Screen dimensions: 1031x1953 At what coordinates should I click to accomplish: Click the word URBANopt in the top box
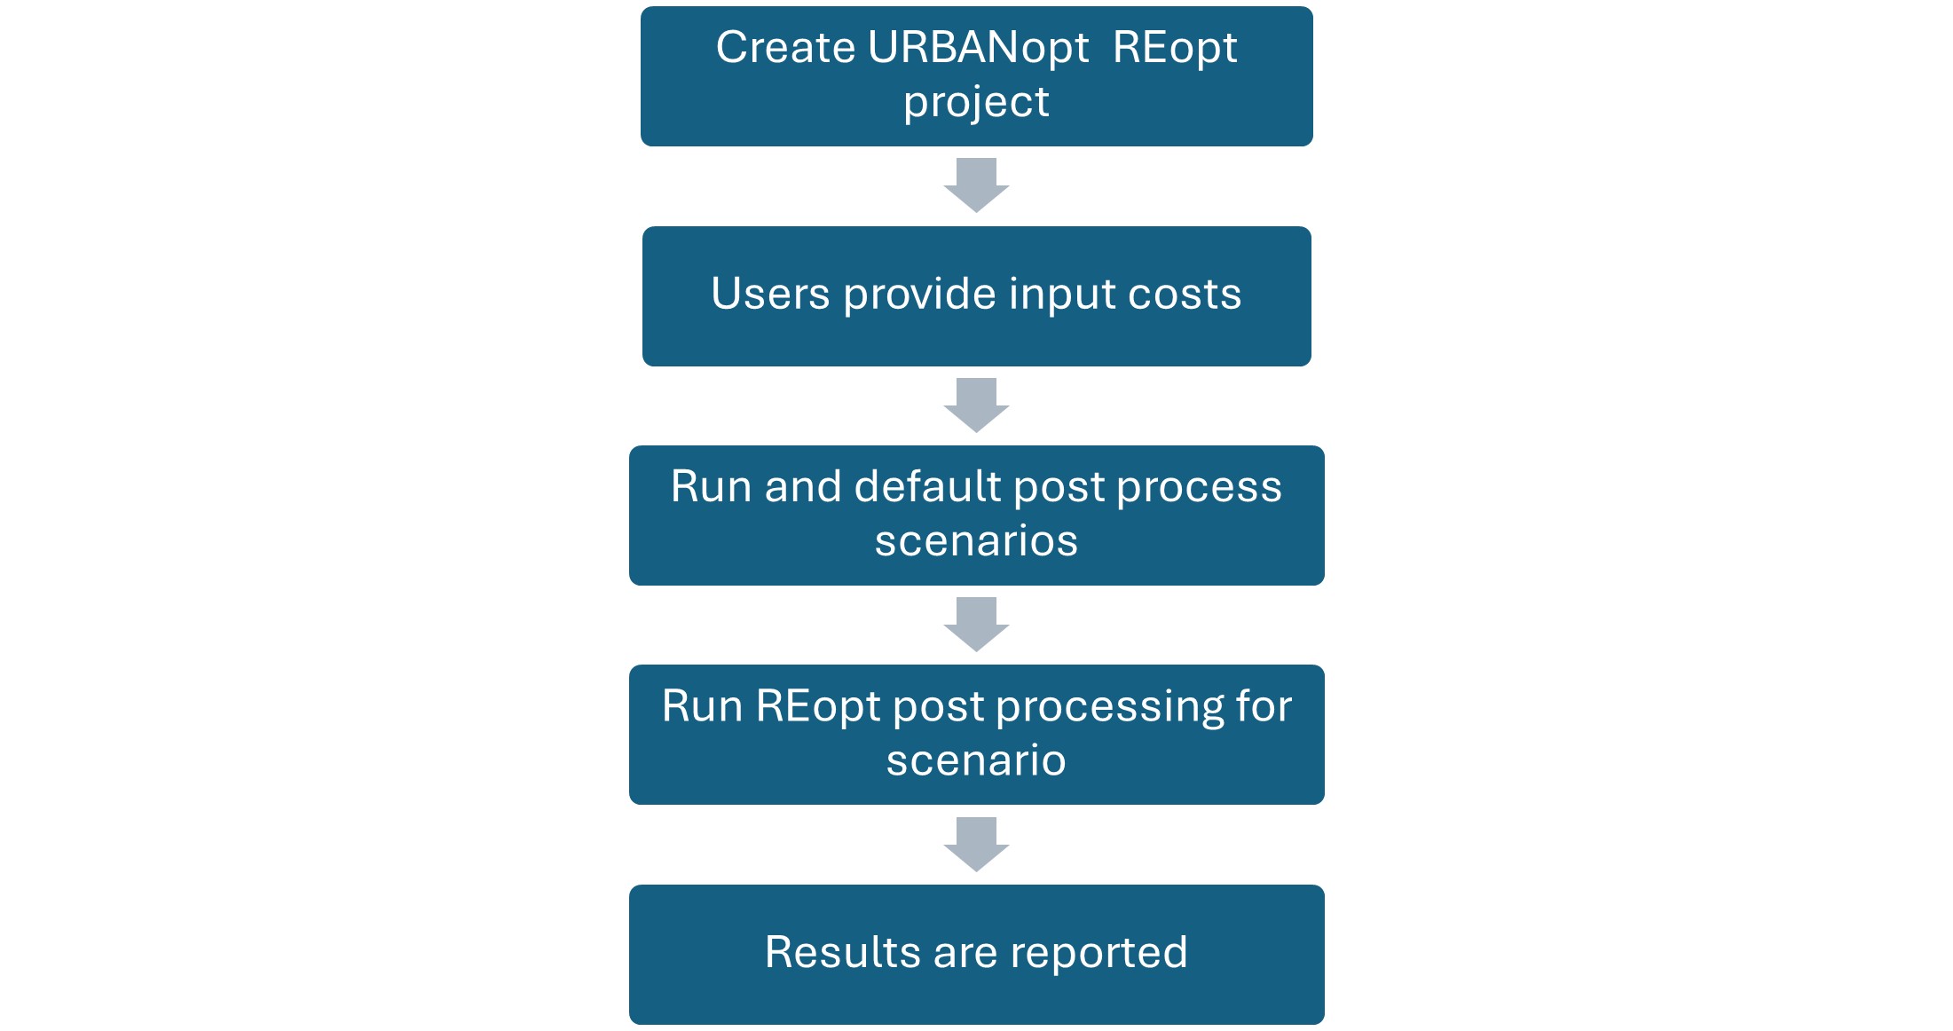tap(978, 48)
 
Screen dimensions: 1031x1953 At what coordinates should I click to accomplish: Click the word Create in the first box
tap(784, 48)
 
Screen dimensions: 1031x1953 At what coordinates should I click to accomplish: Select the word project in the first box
tap(976, 102)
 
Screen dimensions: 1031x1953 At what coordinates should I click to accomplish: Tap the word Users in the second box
tap(770, 295)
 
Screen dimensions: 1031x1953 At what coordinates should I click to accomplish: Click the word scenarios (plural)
tap(976, 541)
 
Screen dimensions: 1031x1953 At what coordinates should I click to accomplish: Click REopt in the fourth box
tap(818, 708)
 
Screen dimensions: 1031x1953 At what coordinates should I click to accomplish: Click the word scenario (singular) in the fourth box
tap(976, 761)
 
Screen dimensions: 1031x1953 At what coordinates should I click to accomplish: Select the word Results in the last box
tap(843, 953)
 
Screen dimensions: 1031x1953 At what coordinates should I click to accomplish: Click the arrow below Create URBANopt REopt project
tap(976, 185)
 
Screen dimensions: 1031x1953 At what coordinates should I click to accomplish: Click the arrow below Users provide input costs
tap(976, 405)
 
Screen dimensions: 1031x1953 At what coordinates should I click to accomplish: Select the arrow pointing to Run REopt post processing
tap(976, 624)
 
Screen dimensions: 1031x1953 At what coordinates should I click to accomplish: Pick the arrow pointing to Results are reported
tap(976, 844)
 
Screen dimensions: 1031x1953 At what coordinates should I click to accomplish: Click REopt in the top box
tap(1174, 48)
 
